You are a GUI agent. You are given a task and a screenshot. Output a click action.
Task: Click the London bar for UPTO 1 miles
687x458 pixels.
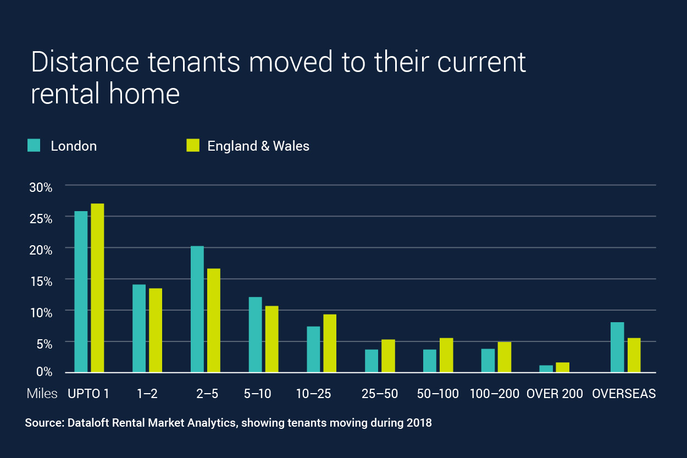pos(81,291)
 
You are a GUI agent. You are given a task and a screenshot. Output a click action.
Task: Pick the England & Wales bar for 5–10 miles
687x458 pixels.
pos(272,339)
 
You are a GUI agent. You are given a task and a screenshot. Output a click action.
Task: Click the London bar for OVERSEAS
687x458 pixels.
pos(617,347)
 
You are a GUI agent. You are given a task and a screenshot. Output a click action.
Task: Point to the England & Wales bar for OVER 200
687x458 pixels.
pos(562,367)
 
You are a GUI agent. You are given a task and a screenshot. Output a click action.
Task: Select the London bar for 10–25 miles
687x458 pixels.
pos(313,349)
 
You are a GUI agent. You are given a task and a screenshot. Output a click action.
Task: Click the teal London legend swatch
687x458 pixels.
pos(34,145)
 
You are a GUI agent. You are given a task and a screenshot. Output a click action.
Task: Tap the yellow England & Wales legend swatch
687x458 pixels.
pos(192,145)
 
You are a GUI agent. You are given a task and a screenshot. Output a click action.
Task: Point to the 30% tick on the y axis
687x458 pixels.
pos(41,187)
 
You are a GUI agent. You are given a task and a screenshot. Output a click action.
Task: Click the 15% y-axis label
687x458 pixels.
pos(41,281)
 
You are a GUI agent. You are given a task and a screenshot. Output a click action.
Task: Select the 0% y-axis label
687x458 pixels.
pos(43,372)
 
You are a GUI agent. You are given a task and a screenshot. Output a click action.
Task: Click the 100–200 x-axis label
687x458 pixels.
pos(494,394)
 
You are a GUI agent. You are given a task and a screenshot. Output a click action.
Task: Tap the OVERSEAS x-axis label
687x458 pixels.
pos(623,394)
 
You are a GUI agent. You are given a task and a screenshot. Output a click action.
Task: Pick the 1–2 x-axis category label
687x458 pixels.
pos(147,394)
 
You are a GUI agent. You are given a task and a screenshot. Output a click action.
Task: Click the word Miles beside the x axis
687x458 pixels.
pos(42,394)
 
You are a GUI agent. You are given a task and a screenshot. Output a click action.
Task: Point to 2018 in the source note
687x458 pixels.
pos(420,424)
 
